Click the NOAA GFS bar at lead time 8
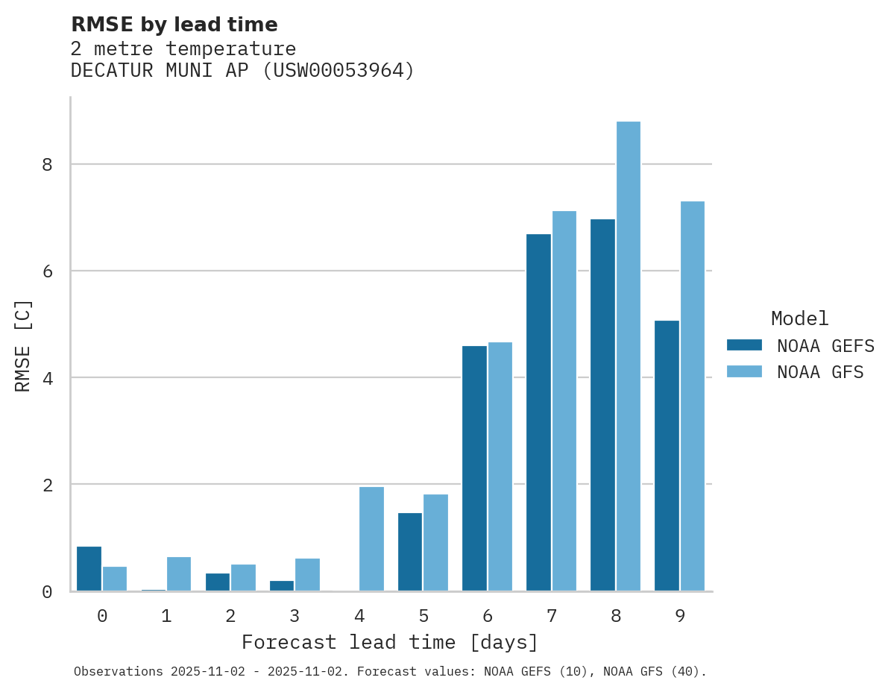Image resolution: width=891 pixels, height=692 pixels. pos(628,356)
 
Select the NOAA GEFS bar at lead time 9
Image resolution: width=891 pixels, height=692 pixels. pos(667,456)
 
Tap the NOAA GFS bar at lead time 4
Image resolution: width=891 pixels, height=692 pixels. pos(371,538)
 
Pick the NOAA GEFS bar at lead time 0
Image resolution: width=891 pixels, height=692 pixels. pos(89,569)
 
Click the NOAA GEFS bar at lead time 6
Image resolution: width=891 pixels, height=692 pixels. pos(474,468)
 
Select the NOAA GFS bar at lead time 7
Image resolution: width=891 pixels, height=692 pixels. pos(564,401)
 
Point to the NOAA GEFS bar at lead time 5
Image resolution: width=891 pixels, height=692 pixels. pos(410,552)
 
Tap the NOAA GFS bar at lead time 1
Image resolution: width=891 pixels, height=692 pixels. pos(179,573)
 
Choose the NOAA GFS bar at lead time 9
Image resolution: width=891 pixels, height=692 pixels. pos(692,396)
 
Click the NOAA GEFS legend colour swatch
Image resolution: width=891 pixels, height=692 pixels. pos(744,345)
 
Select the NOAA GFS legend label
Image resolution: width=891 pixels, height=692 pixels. pos(820,372)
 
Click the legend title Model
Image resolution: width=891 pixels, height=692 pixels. pos(799,319)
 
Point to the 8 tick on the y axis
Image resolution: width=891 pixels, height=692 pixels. pos(47,164)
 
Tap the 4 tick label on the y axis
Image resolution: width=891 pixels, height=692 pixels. pos(47,378)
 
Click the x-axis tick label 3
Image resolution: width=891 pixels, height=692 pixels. pos(295,616)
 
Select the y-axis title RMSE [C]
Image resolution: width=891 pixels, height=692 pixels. pos(23,345)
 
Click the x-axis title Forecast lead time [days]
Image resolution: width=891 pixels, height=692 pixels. pos(389,643)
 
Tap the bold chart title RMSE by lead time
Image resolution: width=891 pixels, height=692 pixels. pos(174,25)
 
